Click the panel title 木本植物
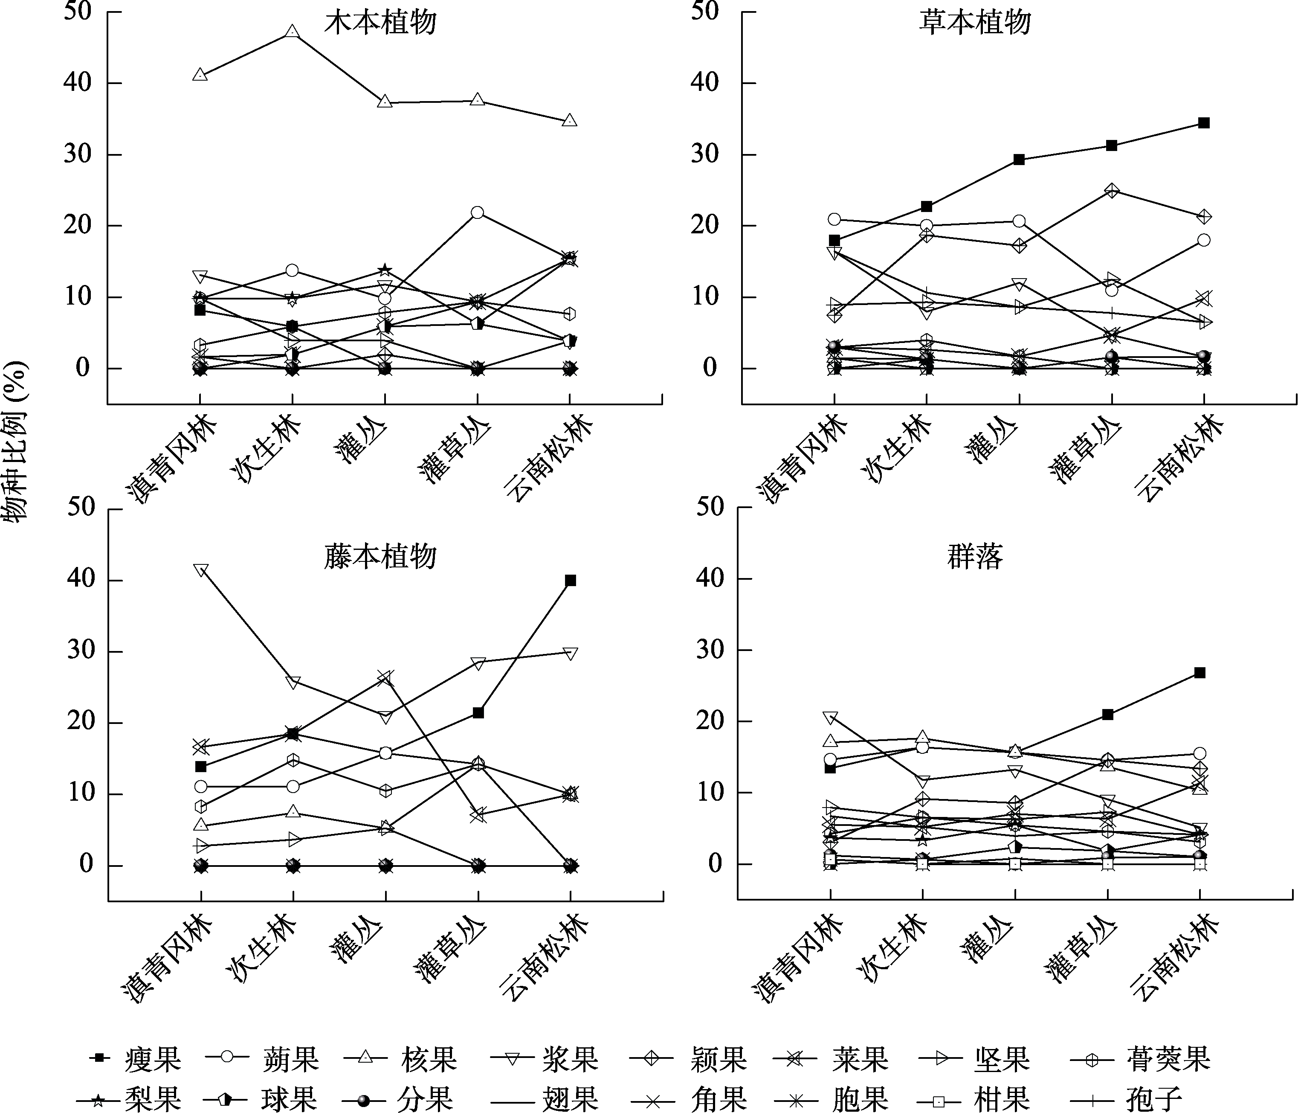(x=380, y=23)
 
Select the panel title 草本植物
(x=975, y=23)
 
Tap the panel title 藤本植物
(x=380, y=556)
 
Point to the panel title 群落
(x=975, y=556)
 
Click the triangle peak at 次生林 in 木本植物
(x=292, y=31)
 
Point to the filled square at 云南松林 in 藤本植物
(x=570, y=580)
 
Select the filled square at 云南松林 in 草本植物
(x=1203, y=123)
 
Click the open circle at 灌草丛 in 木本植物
(x=477, y=212)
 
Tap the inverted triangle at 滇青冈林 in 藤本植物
(x=200, y=571)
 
